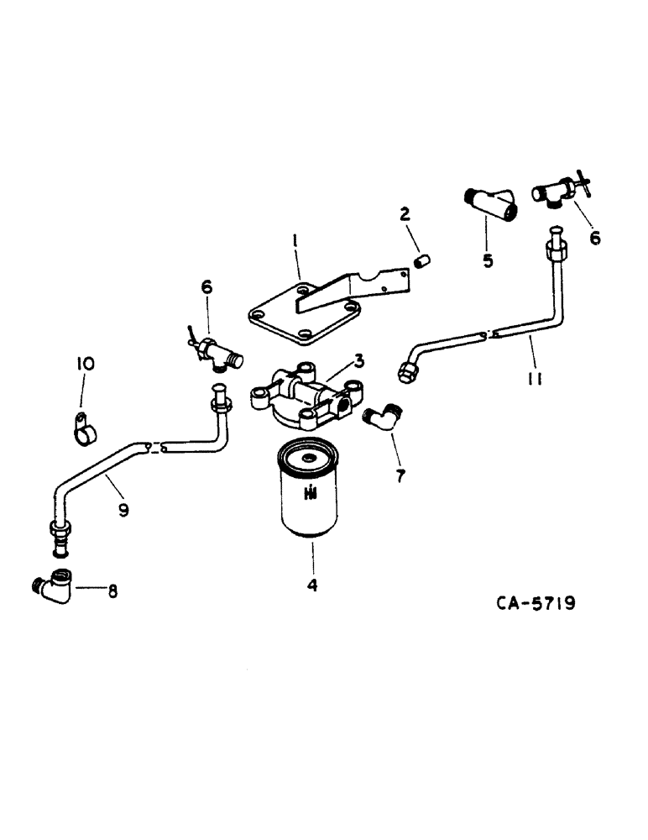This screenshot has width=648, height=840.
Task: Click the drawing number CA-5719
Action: pyautogui.click(x=534, y=603)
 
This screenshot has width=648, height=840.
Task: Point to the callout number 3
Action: pyautogui.click(x=358, y=362)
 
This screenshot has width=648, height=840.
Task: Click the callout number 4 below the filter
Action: pyautogui.click(x=312, y=586)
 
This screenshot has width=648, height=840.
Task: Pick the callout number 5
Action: pyautogui.click(x=489, y=260)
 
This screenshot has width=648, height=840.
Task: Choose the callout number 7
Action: pyautogui.click(x=400, y=476)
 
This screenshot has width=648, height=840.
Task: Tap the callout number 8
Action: pyautogui.click(x=111, y=591)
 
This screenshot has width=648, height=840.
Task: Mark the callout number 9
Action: pyautogui.click(x=123, y=510)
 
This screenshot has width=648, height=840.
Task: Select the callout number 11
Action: pyautogui.click(x=534, y=380)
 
